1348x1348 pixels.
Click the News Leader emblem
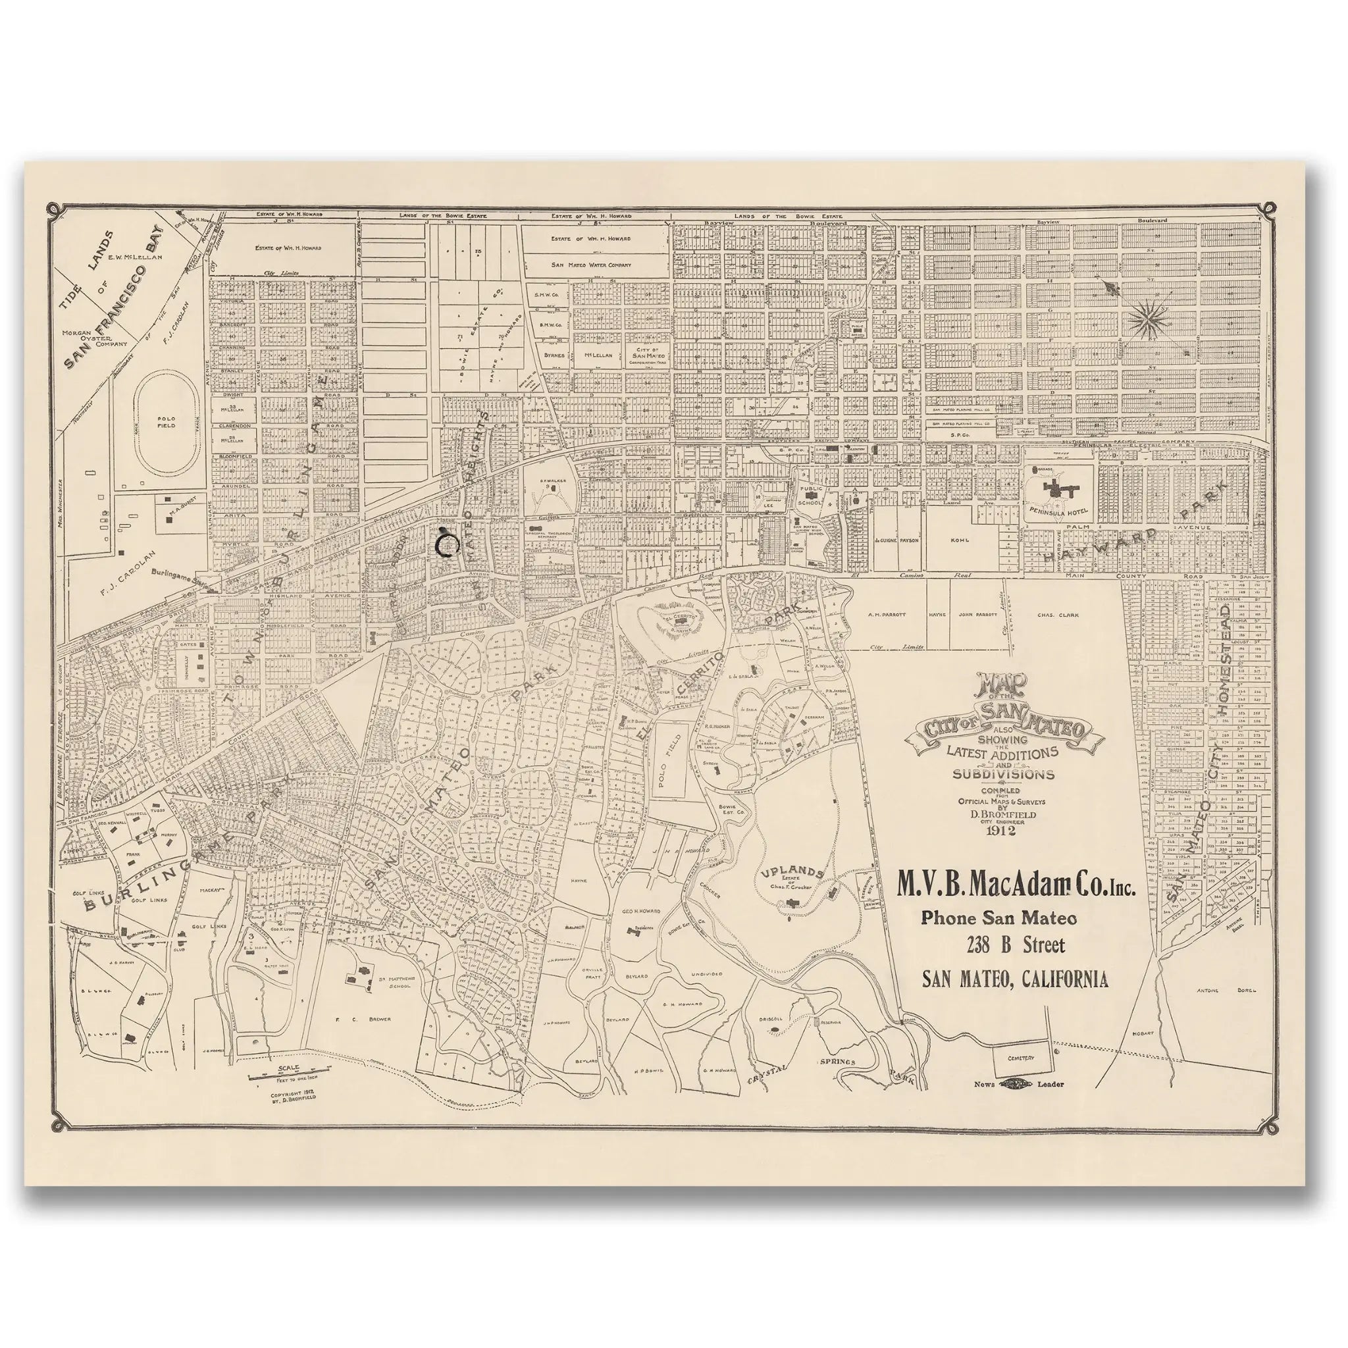click(1019, 1083)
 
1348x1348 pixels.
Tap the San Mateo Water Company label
click(591, 265)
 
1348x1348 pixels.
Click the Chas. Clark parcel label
click(1058, 615)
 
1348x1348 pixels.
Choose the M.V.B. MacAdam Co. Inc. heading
click(1014, 887)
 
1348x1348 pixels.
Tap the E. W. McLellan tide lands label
click(134, 257)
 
